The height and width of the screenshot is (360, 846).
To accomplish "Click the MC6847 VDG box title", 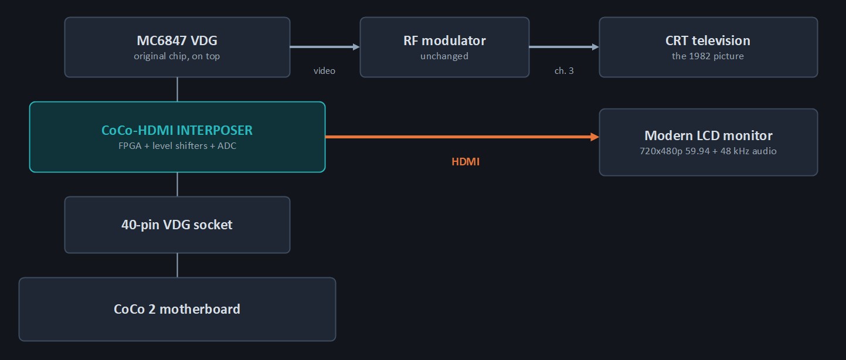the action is tap(176, 40).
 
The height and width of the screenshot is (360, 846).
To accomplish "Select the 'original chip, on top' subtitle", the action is tap(176, 56).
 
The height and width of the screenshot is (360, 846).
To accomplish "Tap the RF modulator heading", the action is tap(444, 40).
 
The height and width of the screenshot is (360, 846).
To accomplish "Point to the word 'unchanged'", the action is tap(444, 56).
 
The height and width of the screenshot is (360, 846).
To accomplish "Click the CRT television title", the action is tap(708, 40).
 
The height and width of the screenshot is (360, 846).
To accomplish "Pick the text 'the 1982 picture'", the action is tap(708, 56).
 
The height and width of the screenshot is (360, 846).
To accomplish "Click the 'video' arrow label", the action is tap(324, 71).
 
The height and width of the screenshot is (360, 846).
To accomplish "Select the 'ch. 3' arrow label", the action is tap(564, 71).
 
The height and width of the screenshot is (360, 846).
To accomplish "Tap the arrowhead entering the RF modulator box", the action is tap(356, 47).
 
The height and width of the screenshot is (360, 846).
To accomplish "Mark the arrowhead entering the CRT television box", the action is tap(596, 47).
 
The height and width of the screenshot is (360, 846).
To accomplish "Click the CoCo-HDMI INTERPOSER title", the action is tap(176, 130).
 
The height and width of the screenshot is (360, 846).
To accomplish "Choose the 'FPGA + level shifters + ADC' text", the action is tap(177, 146).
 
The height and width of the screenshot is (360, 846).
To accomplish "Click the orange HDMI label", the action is tap(466, 162).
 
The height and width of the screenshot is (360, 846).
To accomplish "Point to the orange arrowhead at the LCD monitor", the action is tap(595, 137).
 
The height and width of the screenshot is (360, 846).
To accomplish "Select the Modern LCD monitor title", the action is tap(708, 135).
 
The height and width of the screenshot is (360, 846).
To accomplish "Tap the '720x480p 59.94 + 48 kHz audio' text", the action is tap(708, 151).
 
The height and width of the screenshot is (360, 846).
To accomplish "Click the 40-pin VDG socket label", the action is tap(176, 225).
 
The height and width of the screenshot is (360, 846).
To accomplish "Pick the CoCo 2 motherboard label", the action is tap(176, 309).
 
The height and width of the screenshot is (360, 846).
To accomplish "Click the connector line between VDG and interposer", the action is tap(177, 90).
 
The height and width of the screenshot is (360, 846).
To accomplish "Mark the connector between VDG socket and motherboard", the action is tap(177, 265).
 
